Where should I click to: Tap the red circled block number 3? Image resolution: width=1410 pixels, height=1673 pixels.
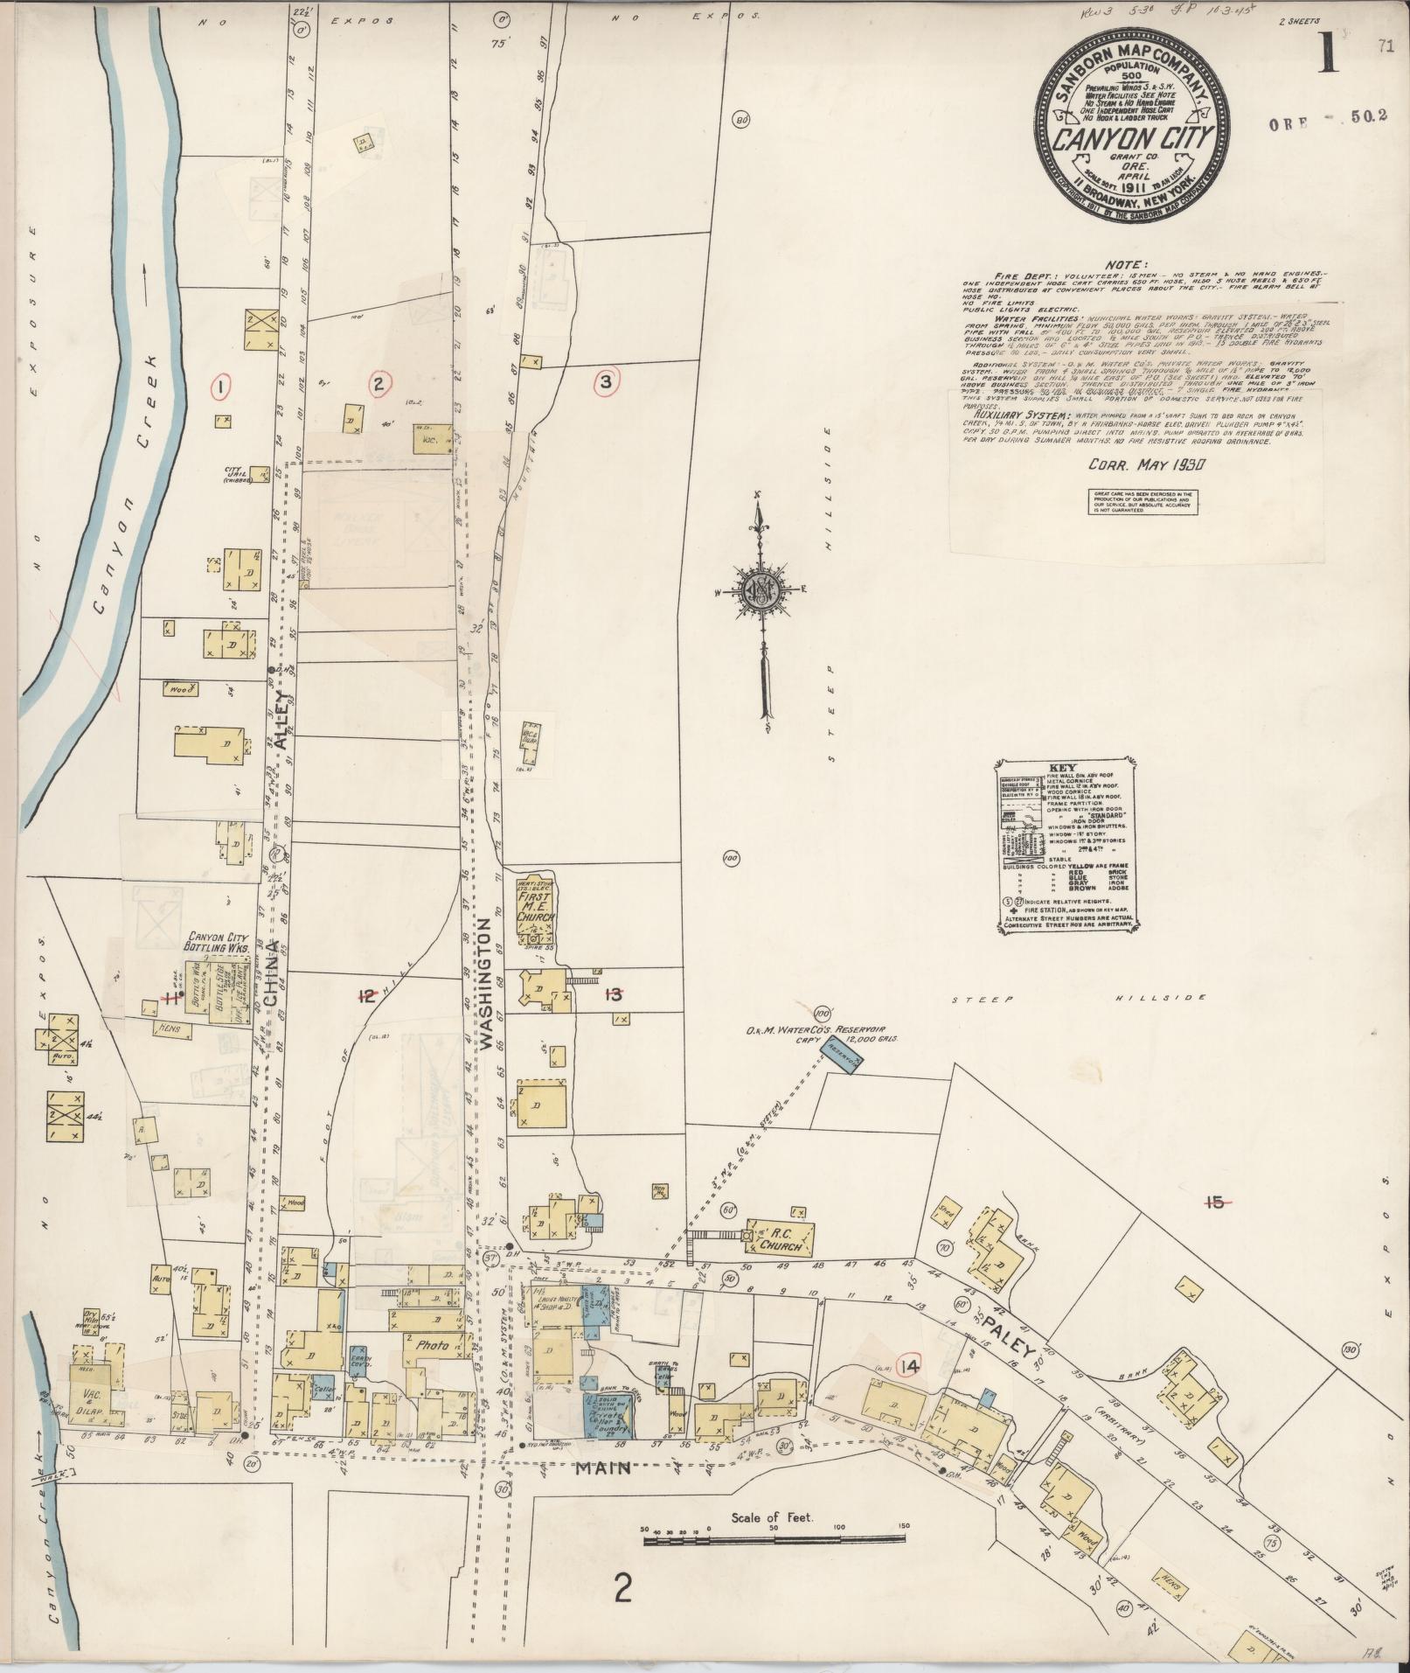(x=606, y=381)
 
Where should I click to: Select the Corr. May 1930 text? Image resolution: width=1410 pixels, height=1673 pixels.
(x=1146, y=465)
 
